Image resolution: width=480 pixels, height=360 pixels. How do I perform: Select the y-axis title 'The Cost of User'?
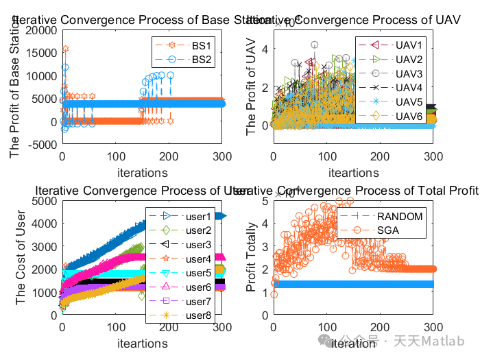[x=21, y=257]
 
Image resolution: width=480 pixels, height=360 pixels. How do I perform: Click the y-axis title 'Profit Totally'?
[x=252, y=257]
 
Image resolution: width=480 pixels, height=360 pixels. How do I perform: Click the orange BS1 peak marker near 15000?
[x=66, y=49]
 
